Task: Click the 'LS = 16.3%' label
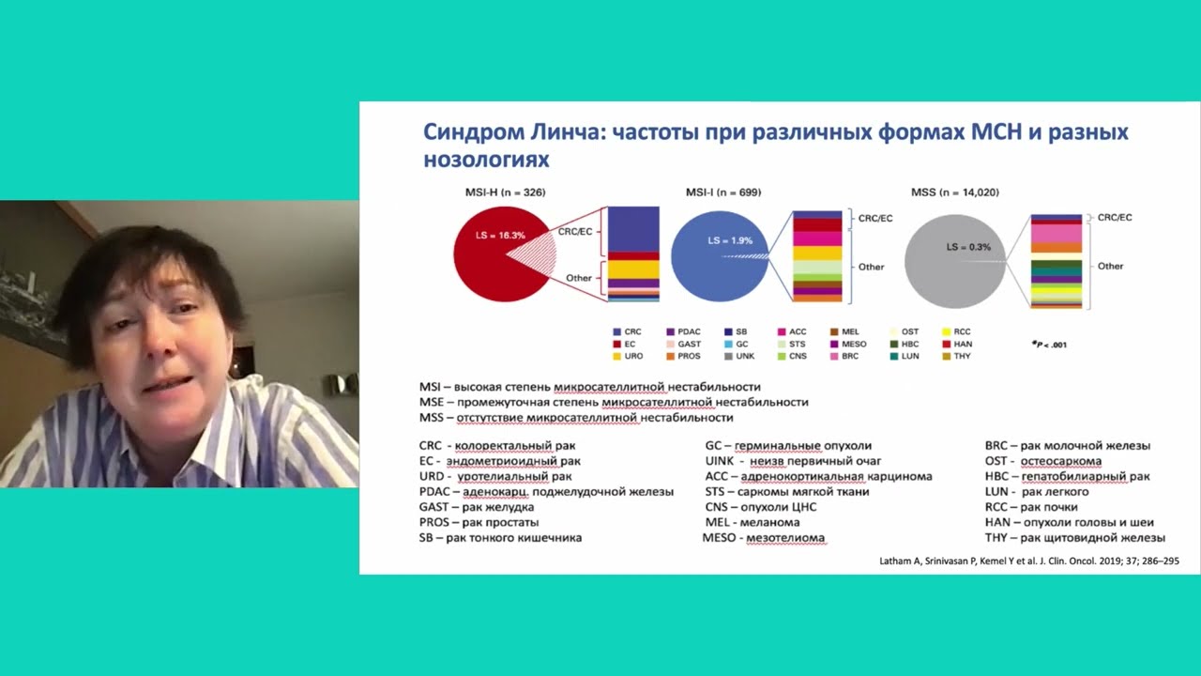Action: pyautogui.click(x=500, y=236)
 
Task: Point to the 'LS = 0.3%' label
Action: pyautogui.click(x=967, y=247)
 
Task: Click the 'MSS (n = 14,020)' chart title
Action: pyautogui.click(x=954, y=192)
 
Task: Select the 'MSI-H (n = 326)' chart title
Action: pyautogui.click(x=505, y=192)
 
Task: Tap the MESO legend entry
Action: pyautogui.click(x=848, y=345)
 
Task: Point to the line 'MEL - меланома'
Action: pyautogui.click(x=753, y=522)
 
